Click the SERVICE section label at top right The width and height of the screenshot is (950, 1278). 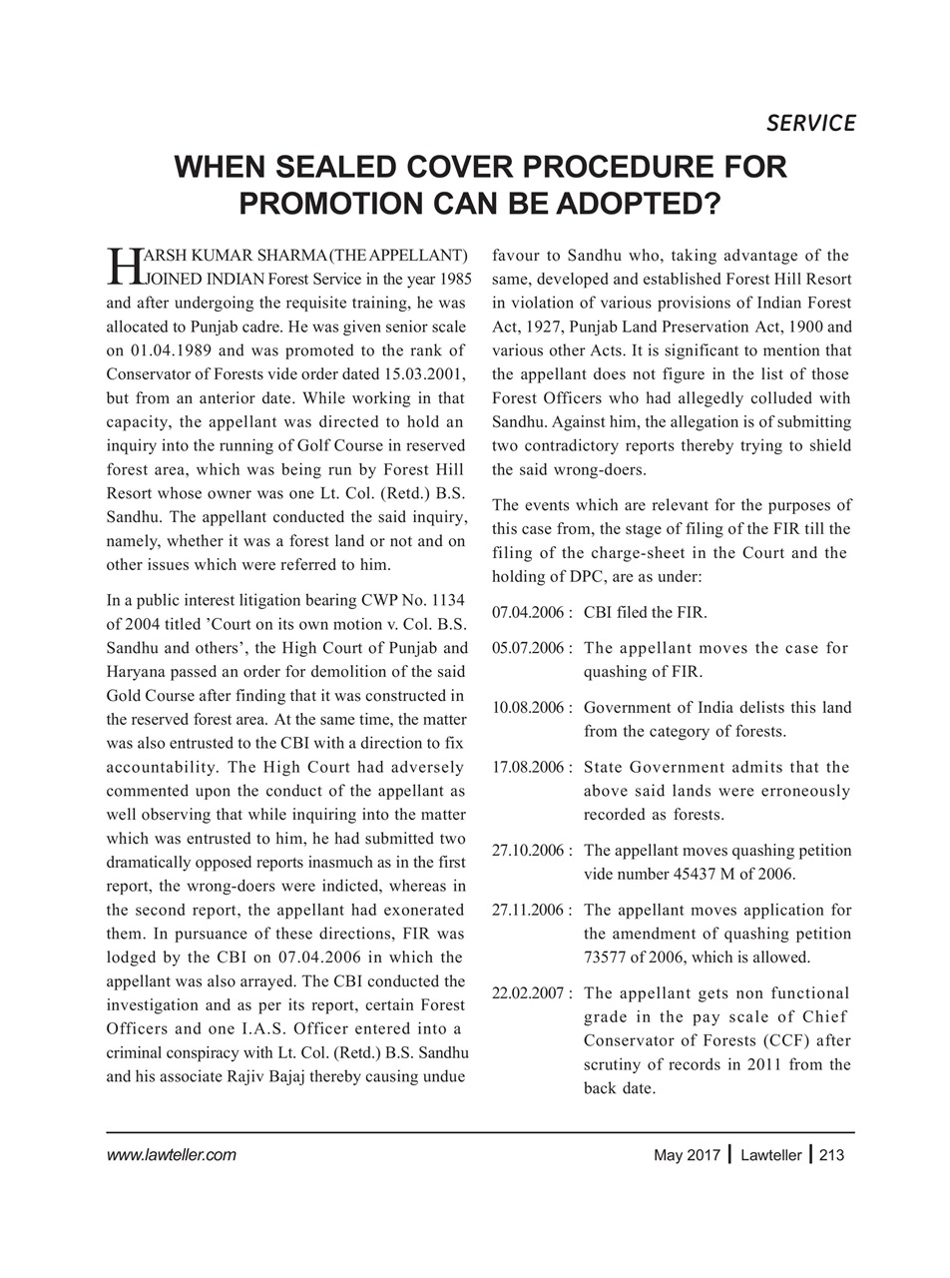pyautogui.click(x=810, y=123)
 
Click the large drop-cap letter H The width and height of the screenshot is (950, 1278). pyautogui.click(x=119, y=266)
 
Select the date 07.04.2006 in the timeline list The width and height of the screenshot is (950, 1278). pyautogui.click(x=527, y=612)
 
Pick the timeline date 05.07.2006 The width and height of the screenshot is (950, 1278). pyautogui.click(x=527, y=648)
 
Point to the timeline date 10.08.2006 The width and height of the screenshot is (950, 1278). pyautogui.click(x=527, y=708)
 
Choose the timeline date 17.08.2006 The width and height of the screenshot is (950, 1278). pyautogui.click(x=527, y=767)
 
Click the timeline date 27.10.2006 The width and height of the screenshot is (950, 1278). pyautogui.click(x=527, y=851)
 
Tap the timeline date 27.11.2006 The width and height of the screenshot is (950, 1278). pyautogui.click(x=527, y=911)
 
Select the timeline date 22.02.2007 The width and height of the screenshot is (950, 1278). pyautogui.click(x=527, y=993)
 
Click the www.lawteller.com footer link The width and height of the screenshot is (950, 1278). pyautogui.click(x=171, y=1156)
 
